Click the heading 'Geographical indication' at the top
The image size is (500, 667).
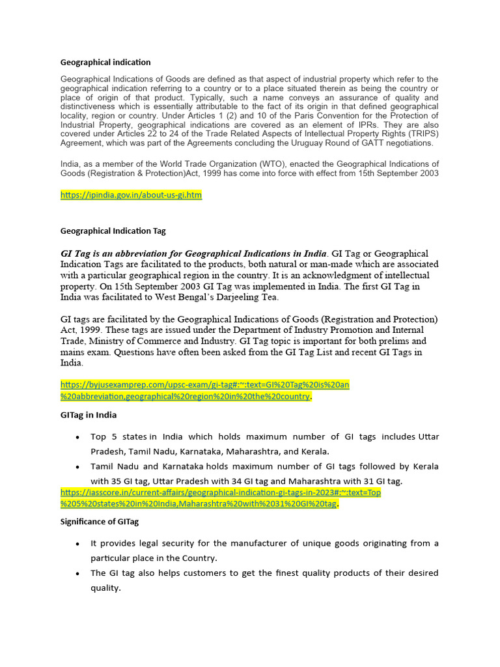tap(105, 63)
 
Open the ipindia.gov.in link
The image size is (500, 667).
tap(131, 195)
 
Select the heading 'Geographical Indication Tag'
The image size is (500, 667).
tap(113, 231)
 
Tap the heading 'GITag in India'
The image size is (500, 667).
tap(89, 415)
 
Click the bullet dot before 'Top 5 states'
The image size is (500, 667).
tap(78, 437)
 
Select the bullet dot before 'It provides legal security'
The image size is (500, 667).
tap(78, 544)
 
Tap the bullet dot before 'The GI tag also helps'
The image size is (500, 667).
tap(78, 573)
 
